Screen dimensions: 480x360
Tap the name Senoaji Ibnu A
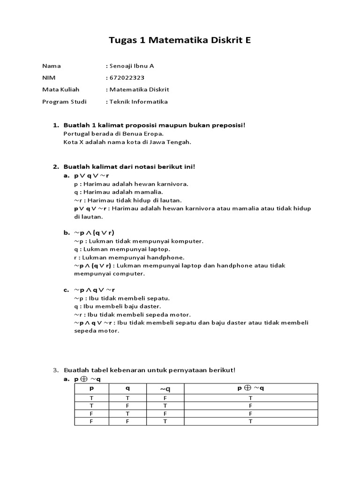132,66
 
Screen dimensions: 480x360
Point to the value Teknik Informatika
138,101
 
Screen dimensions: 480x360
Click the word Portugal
76,134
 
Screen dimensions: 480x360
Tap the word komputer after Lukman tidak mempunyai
187,241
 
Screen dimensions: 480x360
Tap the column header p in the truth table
92,389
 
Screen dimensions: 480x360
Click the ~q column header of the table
165,389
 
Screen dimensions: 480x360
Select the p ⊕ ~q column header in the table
251,389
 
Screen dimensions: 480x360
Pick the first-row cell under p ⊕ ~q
251,397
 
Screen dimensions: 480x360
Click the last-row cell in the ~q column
165,421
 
